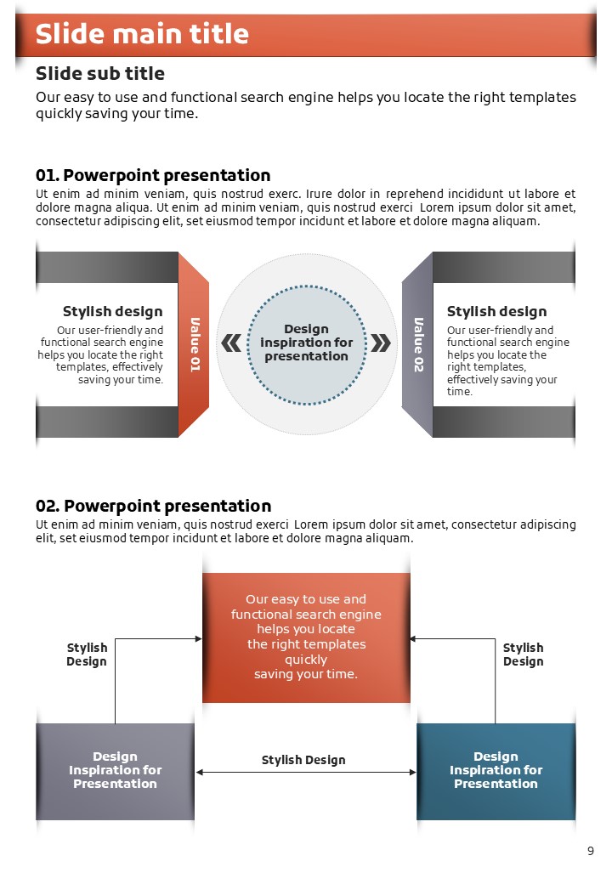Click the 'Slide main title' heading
[142, 34]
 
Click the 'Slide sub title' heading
[100, 73]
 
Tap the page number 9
[591, 851]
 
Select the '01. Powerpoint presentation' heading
[153, 175]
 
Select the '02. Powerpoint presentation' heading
[153, 507]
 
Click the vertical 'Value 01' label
[195, 344]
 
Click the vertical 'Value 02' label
[418, 344]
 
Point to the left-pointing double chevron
[231, 343]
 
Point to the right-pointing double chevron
[382, 343]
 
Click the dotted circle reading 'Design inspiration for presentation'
[307, 343]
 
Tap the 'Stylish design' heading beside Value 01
[112, 311]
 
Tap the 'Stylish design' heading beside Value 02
[496, 311]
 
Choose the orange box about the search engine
[306, 637]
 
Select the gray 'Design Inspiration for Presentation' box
[115, 771]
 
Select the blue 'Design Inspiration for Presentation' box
[496, 771]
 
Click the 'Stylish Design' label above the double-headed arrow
[303, 760]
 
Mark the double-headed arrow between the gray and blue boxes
[306, 773]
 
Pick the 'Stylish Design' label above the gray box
[87, 654]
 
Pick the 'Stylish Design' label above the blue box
[523, 654]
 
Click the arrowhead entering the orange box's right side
[413, 638]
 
